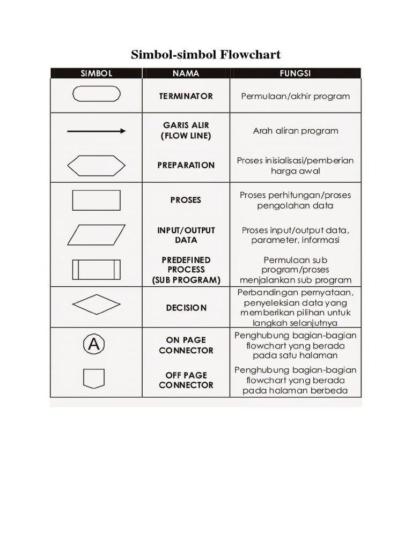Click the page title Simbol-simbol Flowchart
click(x=206, y=55)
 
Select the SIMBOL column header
click(x=96, y=73)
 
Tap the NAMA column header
click(x=186, y=73)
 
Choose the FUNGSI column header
click(x=295, y=73)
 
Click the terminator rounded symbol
click(x=96, y=94)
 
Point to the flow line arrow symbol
click(x=96, y=131)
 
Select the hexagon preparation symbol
click(x=96, y=165)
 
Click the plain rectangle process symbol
click(x=96, y=200)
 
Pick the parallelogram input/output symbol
click(x=96, y=235)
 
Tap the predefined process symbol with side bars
click(x=96, y=269)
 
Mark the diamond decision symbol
click(x=96, y=305)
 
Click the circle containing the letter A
click(x=93, y=344)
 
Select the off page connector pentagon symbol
click(x=94, y=379)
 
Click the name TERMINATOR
click(x=186, y=97)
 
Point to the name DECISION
click(x=186, y=308)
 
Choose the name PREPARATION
click(x=186, y=165)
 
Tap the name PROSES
click(x=186, y=200)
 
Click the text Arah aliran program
click(x=295, y=131)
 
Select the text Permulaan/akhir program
click(x=295, y=97)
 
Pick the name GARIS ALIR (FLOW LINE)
click(x=186, y=131)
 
